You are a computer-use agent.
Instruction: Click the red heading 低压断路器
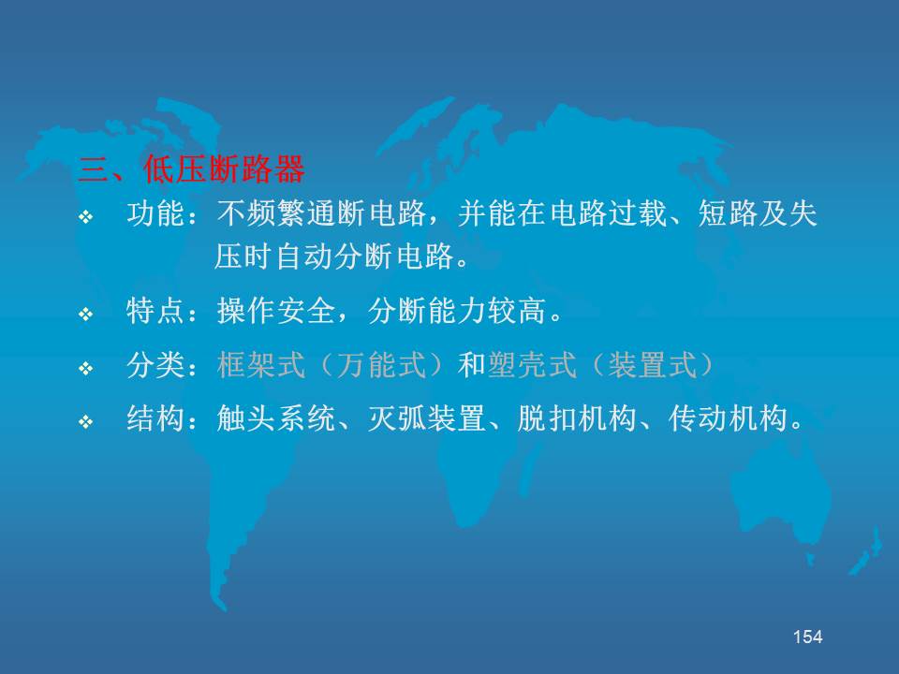click(x=224, y=169)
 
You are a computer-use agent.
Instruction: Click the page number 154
click(x=807, y=637)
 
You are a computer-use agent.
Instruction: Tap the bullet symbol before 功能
click(x=85, y=216)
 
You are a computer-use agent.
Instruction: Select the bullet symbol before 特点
click(x=85, y=315)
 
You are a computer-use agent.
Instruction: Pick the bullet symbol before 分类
click(x=85, y=368)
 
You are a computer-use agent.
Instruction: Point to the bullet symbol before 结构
click(x=85, y=422)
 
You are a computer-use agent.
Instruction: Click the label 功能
click(x=155, y=214)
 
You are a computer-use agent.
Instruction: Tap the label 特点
click(x=155, y=311)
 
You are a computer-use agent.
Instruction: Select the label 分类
click(x=155, y=365)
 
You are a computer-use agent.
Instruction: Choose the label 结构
click(x=155, y=419)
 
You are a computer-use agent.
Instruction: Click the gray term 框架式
click(x=261, y=365)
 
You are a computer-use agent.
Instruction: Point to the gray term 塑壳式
click(x=532, y=365)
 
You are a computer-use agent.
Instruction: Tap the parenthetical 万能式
click(x=381, y=365)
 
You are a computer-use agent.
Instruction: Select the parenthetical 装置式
click(x=652, y=365)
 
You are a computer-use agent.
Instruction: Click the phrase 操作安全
click(x=276, y=311)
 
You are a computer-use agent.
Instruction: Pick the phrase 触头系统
click(x=276, y=419)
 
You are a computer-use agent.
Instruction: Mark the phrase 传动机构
click(x=728, y=419)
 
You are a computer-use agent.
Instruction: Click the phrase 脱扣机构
click(x=577, y=419)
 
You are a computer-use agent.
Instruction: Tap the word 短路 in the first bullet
click(x=728, y=214)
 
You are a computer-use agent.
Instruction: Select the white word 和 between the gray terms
click(x=472, y=365)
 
